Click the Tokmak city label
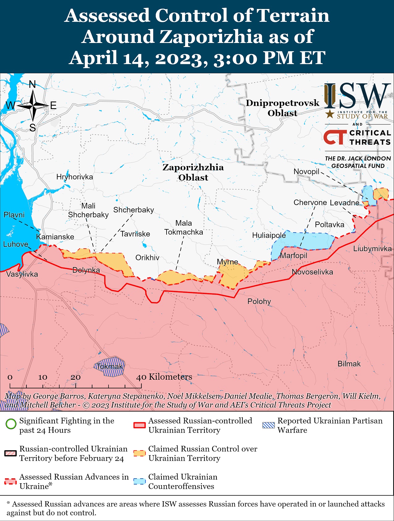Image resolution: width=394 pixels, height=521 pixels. (x=109, y=367)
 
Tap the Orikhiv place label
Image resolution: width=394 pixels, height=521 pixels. (x=147, y=258)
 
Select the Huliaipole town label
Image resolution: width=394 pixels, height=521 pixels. (x=269, y=235)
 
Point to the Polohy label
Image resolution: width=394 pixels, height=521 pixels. (x=259, y=301)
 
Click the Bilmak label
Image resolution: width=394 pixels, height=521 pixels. (x=349, y=364)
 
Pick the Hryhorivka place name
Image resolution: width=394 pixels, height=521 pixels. (x=74, y=177)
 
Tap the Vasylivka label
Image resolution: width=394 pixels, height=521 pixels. (x=22, y=274)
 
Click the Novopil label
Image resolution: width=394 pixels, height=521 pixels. (x=306, y=172)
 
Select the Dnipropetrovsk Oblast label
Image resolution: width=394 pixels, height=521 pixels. (x=282, y=108)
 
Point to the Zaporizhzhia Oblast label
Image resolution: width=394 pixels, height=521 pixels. (x=193, y=172)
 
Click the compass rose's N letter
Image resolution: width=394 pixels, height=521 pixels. (x=32, y=84)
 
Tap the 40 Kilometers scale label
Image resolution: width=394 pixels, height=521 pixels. (x=164, y=377)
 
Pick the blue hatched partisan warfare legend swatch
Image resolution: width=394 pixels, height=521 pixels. (x=268, y=425)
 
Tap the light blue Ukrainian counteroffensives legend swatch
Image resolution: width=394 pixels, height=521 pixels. (x=139, y=481)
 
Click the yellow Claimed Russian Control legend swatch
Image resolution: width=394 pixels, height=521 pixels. (x=139, y=453)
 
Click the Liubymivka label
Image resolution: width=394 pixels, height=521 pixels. (x=372, y=249)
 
